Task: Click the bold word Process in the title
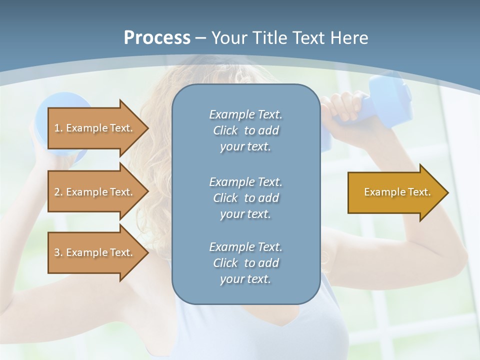157,37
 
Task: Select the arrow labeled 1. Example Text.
95,128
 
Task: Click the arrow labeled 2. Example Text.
95,192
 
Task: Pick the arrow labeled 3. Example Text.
95,252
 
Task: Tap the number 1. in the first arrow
58,128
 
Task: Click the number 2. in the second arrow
58,192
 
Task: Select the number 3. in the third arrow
58,252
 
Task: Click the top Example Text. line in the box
245,114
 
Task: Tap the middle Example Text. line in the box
245,181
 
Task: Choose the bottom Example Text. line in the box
245,247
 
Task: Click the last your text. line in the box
245,279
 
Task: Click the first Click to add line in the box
245,130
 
